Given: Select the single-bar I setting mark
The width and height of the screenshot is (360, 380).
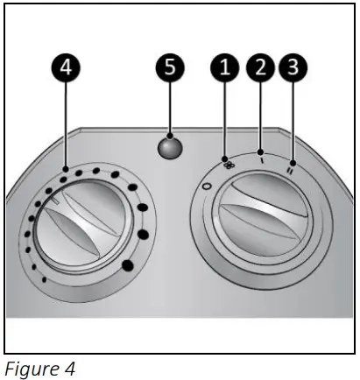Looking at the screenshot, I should (x=260, y=159).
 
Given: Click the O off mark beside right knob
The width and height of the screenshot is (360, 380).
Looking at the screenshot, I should (x=206, y=186).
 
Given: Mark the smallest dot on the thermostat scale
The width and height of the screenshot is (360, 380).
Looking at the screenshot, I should (x=44, y=279).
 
